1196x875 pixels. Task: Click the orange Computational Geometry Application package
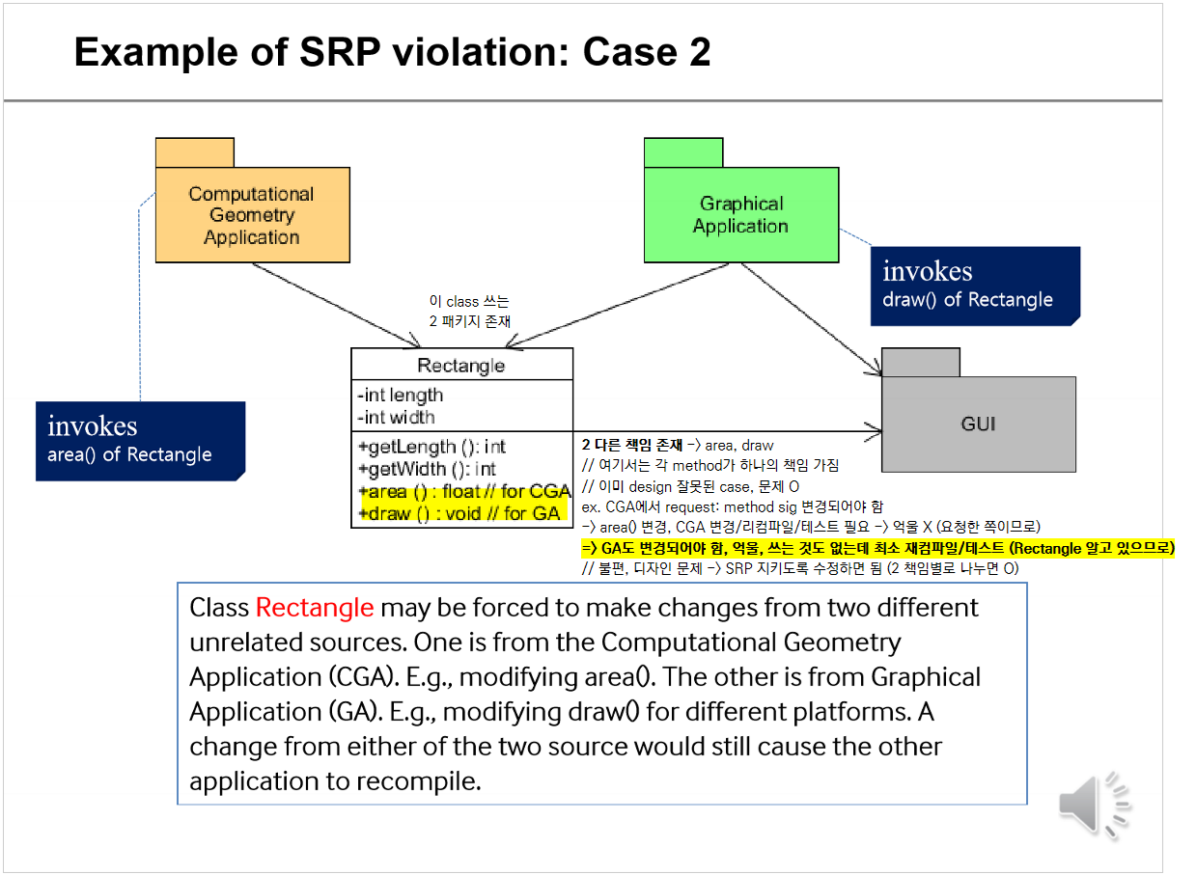[252, 214]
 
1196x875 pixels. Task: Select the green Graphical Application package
[740, 214]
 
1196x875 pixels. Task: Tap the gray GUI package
[978, 423]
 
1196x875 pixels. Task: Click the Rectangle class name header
[461, 366]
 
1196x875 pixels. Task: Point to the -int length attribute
[401, 395]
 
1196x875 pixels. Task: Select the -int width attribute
[397, 417]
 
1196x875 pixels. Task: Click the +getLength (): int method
[431, 447]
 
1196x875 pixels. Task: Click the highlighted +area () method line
[464, 492]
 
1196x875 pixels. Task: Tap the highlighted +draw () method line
[459, 513]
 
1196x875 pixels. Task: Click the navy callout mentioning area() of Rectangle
[139, 440]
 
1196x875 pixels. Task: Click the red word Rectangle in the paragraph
[314, 608]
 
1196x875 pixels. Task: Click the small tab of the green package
[683, 152]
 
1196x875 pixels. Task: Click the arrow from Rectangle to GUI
[724, 430]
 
